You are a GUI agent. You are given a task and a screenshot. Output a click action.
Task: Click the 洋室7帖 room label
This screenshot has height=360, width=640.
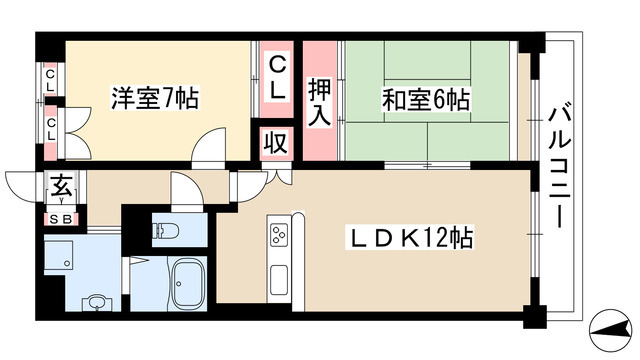155,98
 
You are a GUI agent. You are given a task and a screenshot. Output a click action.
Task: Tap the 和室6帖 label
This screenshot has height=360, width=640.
426,100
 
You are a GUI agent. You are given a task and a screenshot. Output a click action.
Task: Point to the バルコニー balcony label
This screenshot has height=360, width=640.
559,167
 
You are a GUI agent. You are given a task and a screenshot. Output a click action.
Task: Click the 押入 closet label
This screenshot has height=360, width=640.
319,103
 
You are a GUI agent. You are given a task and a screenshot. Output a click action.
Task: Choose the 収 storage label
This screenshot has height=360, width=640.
276,143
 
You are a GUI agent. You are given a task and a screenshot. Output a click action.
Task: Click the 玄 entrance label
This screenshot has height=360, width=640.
61,186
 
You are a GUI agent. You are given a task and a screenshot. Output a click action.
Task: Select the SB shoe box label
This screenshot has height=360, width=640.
60,220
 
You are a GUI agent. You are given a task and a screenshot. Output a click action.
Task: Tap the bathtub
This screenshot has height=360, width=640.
188,282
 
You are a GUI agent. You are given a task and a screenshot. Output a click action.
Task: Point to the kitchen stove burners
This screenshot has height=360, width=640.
278,235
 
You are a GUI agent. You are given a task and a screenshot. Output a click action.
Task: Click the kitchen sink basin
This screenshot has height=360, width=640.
278,279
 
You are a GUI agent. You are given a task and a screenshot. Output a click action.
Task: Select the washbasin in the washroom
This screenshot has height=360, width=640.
97,303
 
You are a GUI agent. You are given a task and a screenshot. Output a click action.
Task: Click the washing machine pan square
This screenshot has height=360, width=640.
59,255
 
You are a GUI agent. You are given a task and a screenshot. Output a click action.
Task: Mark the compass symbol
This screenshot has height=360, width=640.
610,330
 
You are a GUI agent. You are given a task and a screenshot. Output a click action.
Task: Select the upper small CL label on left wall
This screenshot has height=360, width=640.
50,80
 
